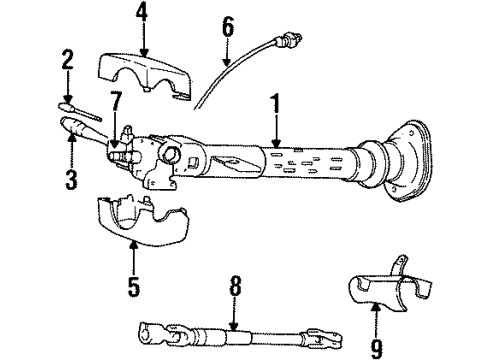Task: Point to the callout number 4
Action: click(143, 15)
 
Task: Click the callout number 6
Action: click(228, 26)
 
